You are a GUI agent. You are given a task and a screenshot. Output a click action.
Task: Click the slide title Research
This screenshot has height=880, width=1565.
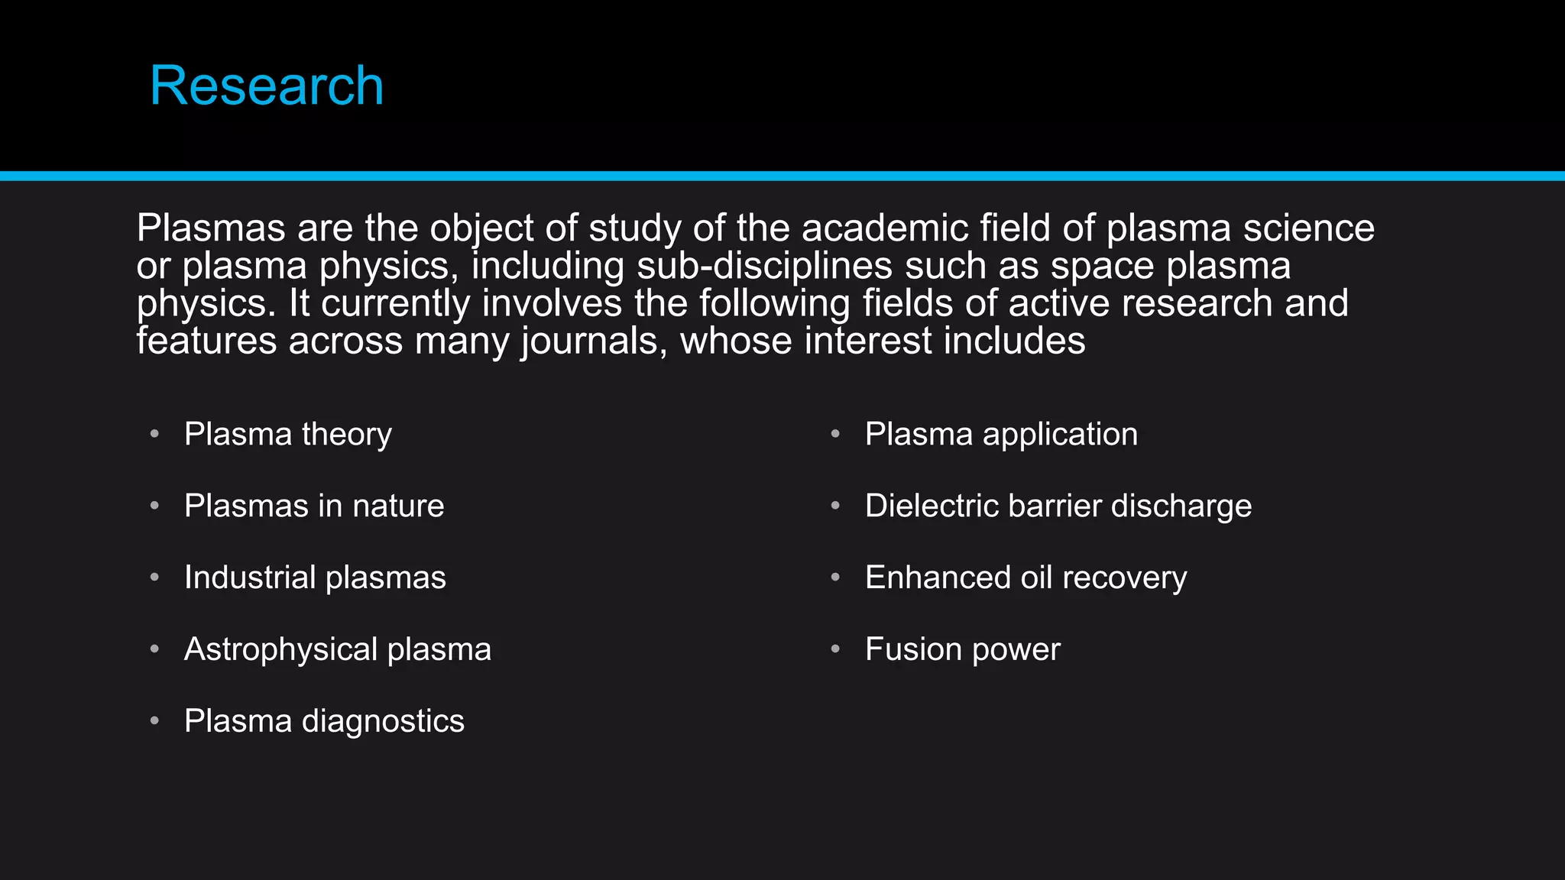pyautogui.click(x=267, y=86)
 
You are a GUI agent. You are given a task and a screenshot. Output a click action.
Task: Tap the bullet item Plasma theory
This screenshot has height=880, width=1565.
pyautogui.click(x=288, y=435)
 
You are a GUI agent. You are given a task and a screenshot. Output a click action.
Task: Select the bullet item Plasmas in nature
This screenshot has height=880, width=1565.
pyautogui.click(x=314, y=506)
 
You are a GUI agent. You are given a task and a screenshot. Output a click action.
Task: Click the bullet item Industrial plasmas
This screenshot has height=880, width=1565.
pyautogui.click(x=315, y=578)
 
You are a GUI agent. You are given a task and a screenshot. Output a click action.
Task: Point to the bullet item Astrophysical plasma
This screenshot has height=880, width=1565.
pyautogui.click(x=338, y=650)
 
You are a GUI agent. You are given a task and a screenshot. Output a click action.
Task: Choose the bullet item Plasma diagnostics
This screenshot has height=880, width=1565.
pyautogui.click(x=324, y=722)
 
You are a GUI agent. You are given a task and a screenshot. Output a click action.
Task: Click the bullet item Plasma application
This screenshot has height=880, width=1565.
pyautogui.click(x=1001, y=435)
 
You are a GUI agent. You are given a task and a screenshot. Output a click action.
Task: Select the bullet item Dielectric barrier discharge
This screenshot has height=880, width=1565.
pyautogui.click(x=1058, y=506)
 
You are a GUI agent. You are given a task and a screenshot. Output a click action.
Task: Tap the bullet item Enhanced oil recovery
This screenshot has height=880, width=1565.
pyautogui.click(x=1026, y=578)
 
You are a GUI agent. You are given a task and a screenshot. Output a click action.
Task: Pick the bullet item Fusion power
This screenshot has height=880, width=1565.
pyautogui.click(x=962, y=650)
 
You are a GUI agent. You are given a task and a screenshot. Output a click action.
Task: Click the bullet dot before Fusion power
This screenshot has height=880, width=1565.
pyautogui.click(x=835, y=649)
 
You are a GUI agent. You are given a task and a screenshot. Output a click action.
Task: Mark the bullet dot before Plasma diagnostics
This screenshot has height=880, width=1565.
pyautogui.click(x=154, y=721)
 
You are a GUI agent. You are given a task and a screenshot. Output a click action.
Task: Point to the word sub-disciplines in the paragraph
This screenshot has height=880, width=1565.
pyautogui.click(x=764, y=266)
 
